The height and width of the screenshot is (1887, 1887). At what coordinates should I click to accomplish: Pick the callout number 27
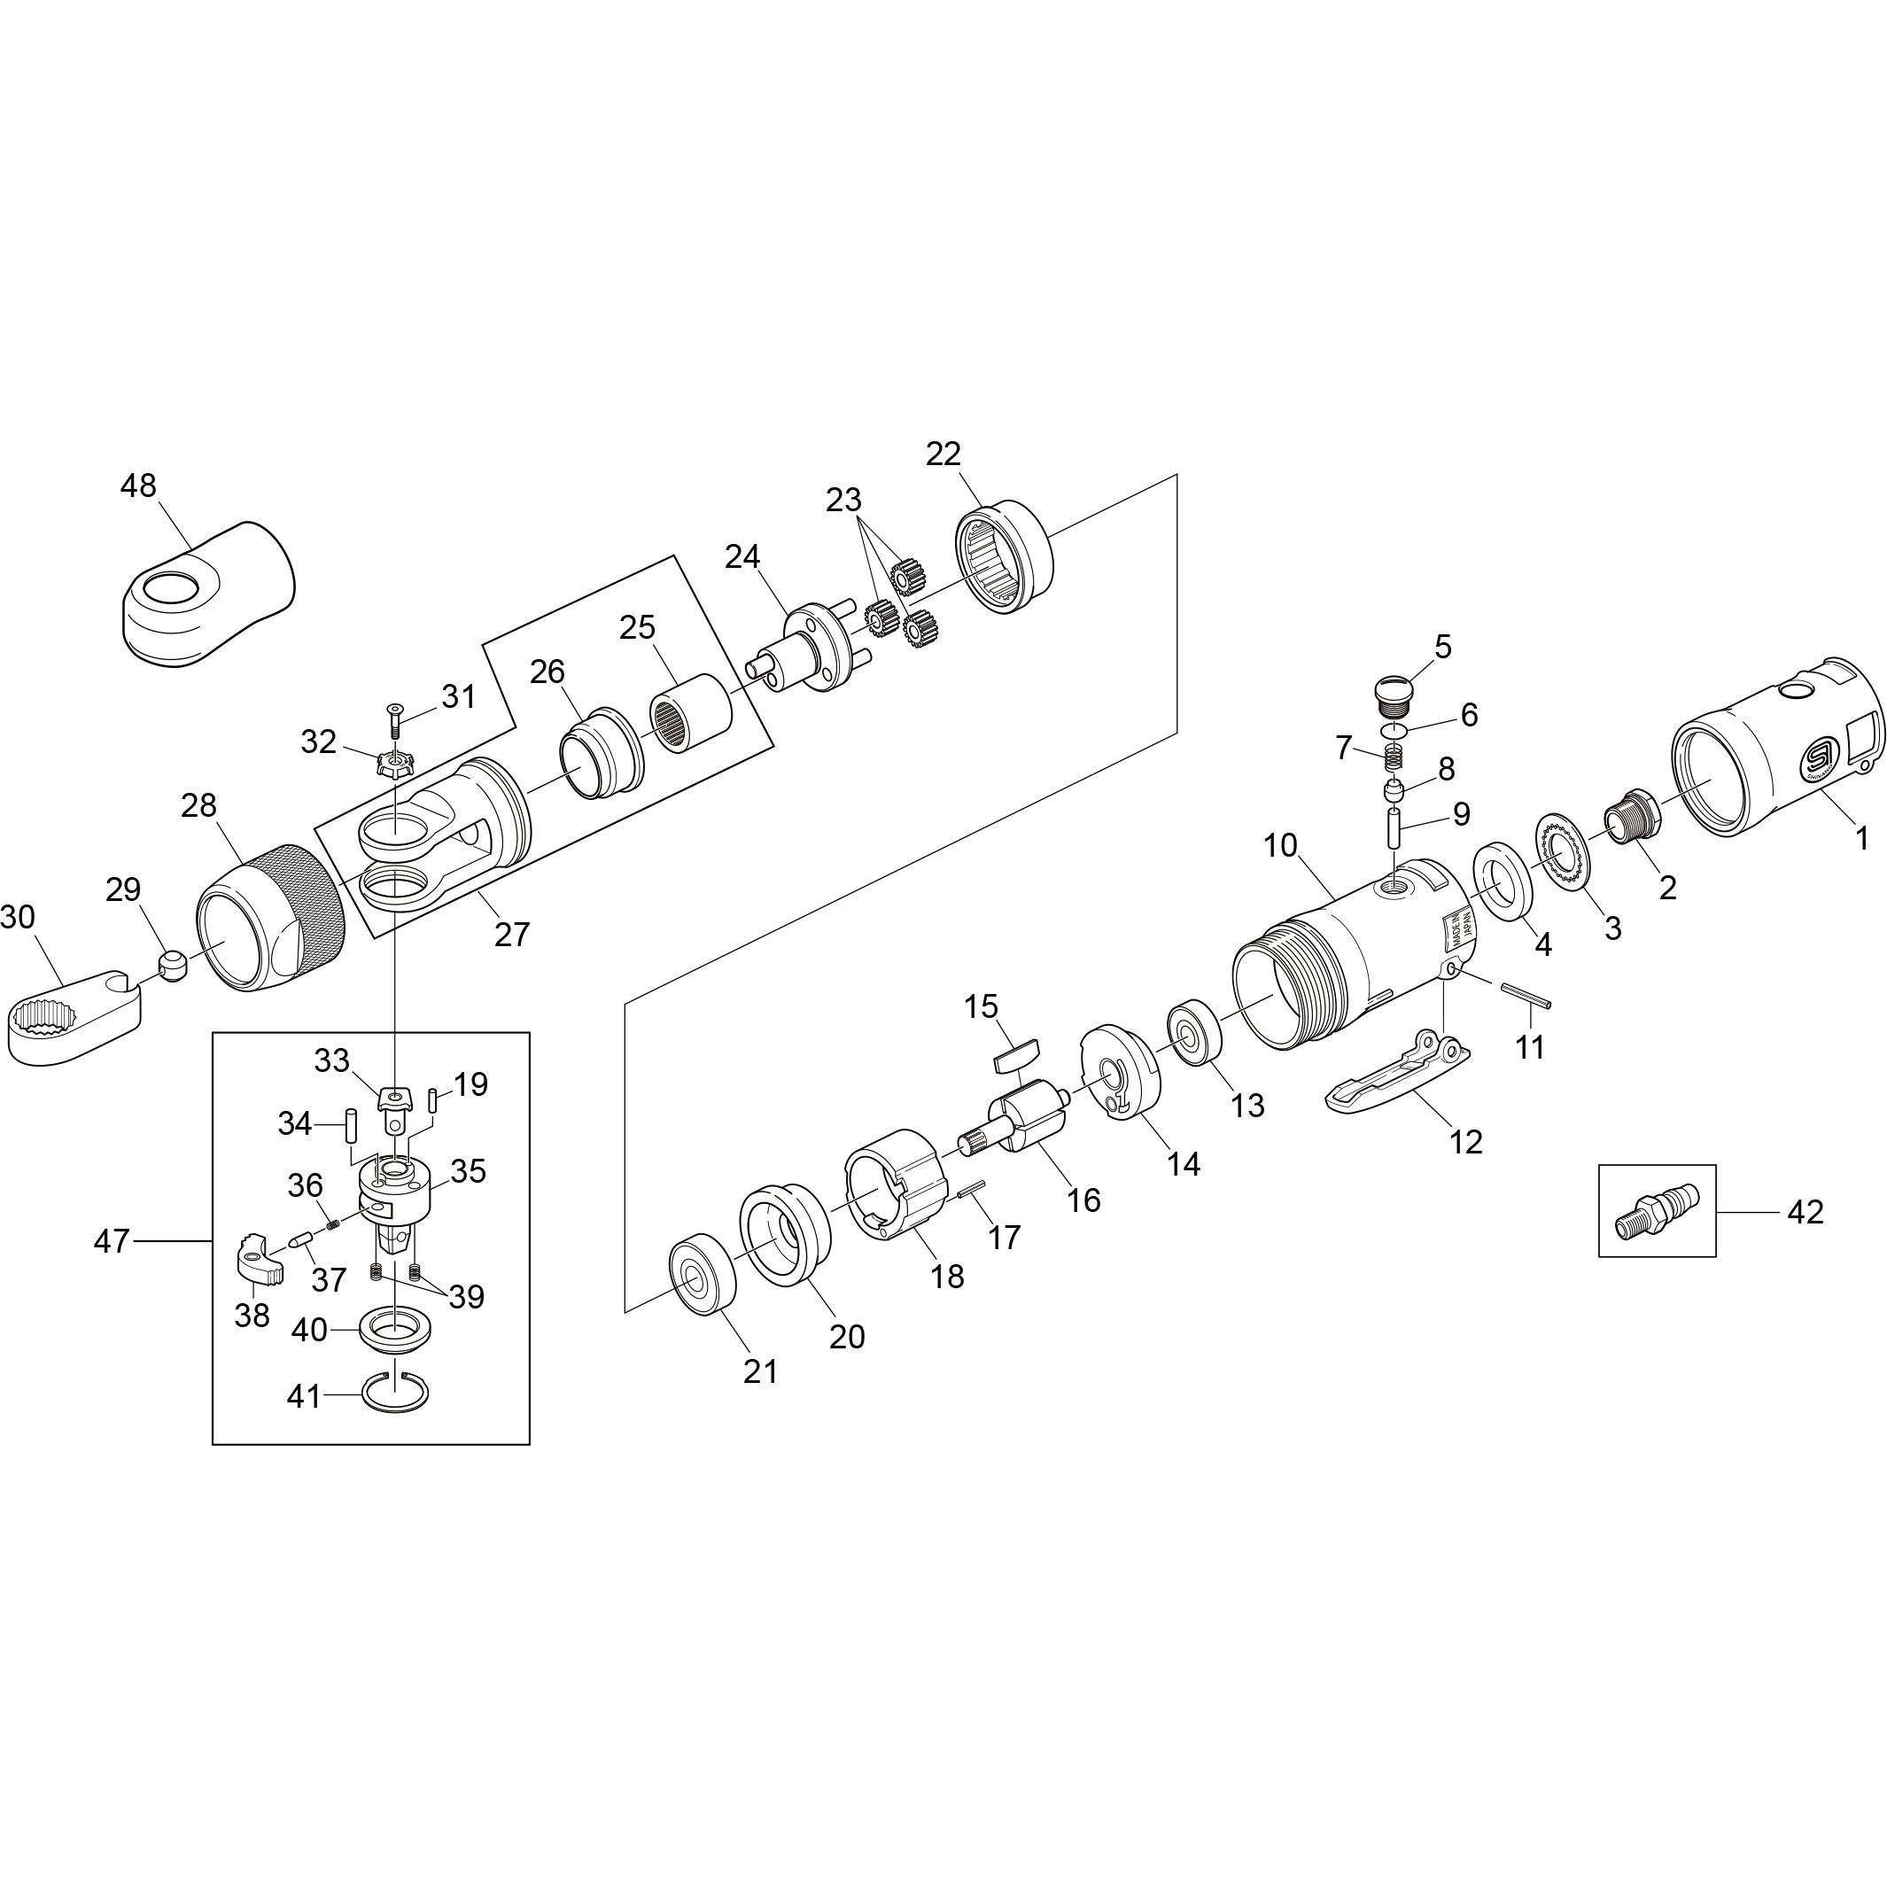(512, 935)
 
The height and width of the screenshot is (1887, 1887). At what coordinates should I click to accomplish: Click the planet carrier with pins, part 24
(806, 650)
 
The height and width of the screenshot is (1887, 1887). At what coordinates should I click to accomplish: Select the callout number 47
(112, 1240)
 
